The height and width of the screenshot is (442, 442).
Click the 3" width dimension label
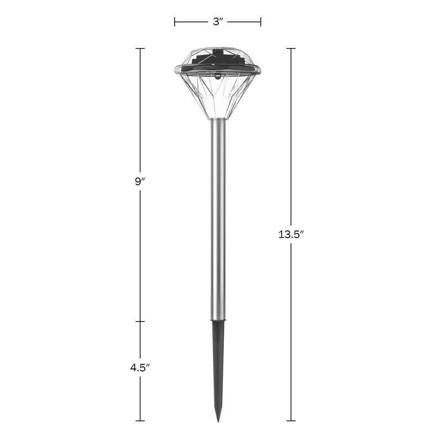coord(218,22)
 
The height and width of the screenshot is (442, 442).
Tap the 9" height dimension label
coord(140,182)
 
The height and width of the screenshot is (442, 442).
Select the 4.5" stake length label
coord(140,367)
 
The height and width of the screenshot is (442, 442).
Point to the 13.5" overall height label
coord(291,234)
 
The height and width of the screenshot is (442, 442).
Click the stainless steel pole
coord(218,220)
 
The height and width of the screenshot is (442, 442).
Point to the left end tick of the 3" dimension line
coord(175,22)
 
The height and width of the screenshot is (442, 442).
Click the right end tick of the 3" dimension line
coord(261,22)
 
